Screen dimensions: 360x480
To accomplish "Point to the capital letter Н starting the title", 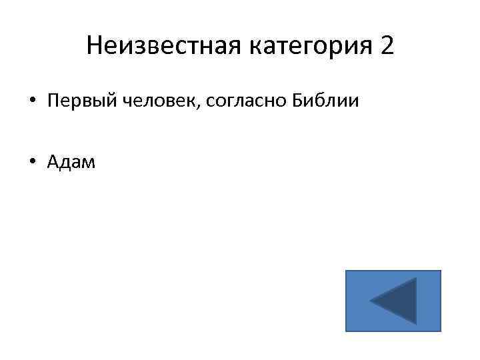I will click(x=94, y=45).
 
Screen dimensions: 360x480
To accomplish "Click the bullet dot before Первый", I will click(x=32, y=101).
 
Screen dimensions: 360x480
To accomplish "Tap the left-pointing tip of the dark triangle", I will click(x=371, y=302).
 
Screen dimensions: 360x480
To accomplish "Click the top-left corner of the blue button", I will click(x=346, y=271).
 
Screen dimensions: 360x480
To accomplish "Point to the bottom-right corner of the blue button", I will click(x=441, y=331).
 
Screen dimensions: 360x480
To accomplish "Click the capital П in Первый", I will click(x=53, y=101).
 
